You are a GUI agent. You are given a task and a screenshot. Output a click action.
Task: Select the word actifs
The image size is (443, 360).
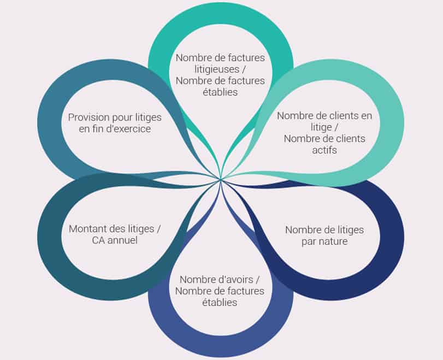tap(324, 150)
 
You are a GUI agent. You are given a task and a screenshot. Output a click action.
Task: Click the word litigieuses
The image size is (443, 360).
tap(217, 69)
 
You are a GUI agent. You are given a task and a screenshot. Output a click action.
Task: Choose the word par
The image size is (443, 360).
tap(308, 242)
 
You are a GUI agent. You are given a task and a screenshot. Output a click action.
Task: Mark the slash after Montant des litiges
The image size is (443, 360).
tap(158, 228)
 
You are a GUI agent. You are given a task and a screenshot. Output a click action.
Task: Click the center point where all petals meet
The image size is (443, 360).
tap(221, 179)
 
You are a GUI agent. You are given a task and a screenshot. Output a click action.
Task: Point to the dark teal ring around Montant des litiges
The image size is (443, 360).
tap(50, 238)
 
